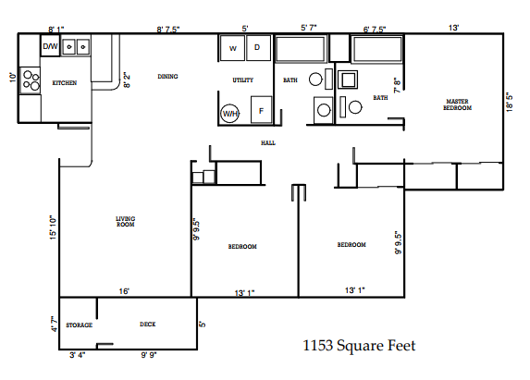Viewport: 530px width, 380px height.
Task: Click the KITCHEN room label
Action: (64, 83)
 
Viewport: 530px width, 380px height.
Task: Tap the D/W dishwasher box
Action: (50, 45)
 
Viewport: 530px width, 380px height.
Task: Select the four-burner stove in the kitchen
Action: (30, 81)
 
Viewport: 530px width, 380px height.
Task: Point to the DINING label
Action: (167, 77)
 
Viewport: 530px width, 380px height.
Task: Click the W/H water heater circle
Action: (229, 114)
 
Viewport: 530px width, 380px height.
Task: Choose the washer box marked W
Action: (232, 47)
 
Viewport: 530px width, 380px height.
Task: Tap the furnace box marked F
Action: (261, 110)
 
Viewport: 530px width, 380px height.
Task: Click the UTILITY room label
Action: (242, 81)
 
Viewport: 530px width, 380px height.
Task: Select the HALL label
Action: (268, 143)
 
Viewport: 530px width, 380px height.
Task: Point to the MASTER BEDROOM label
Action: (458, 104)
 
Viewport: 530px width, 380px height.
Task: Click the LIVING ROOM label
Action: (126, 221)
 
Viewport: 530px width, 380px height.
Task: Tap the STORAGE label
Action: (79, 325)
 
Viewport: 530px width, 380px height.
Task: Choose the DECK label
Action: (147, 325)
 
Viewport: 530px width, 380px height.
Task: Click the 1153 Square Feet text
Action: (360, 347)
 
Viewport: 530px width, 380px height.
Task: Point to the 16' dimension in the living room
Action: (123, 291)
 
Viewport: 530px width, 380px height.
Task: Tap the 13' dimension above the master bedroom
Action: (453, 29)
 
